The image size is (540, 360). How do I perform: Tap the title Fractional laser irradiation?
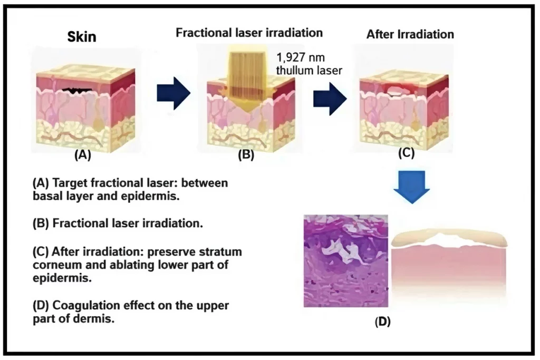(x=249, y=33)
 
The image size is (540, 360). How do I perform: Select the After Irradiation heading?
(x=410, y=35)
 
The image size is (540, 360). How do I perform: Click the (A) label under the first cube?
(x=83, y=155)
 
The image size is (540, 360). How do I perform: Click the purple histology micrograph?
(x=346, y=261)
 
